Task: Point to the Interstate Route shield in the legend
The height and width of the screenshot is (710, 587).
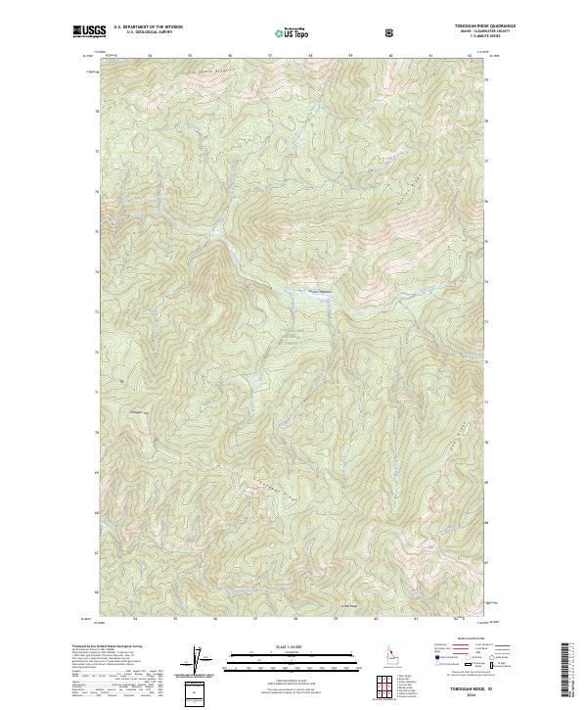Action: tap(429, 664)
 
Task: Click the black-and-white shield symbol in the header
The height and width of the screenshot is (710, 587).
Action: tap(391, 32)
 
